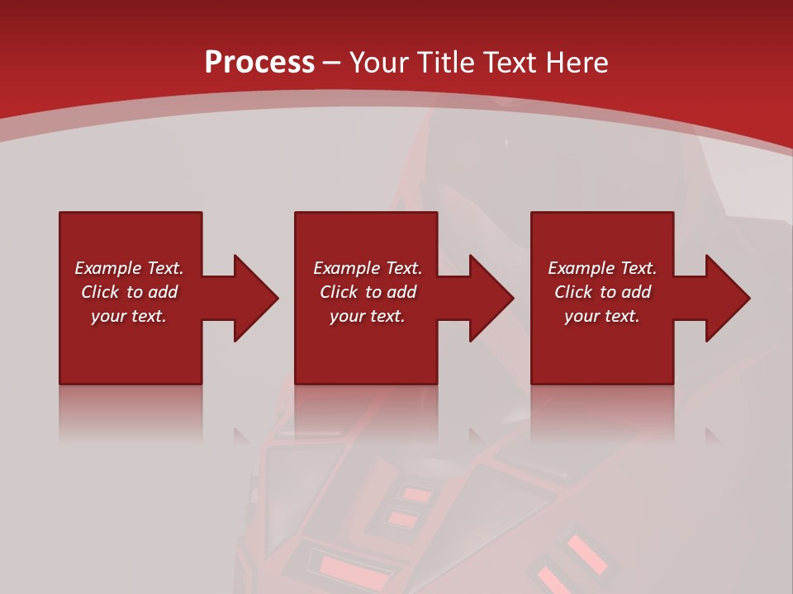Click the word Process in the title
(259, 63)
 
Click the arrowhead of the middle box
(491, 298)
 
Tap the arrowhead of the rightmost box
(727, 298)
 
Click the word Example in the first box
(107, 268)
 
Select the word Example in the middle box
(346, 268)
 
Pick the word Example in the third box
(581, 268)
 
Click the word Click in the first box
(101, 292)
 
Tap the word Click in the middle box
(340, 292)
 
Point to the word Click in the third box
(574, 292)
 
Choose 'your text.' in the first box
(129, 316)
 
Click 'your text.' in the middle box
(368, 316)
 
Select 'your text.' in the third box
(602, 316)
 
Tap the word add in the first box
(163, 292)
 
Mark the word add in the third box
(636, 292)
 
